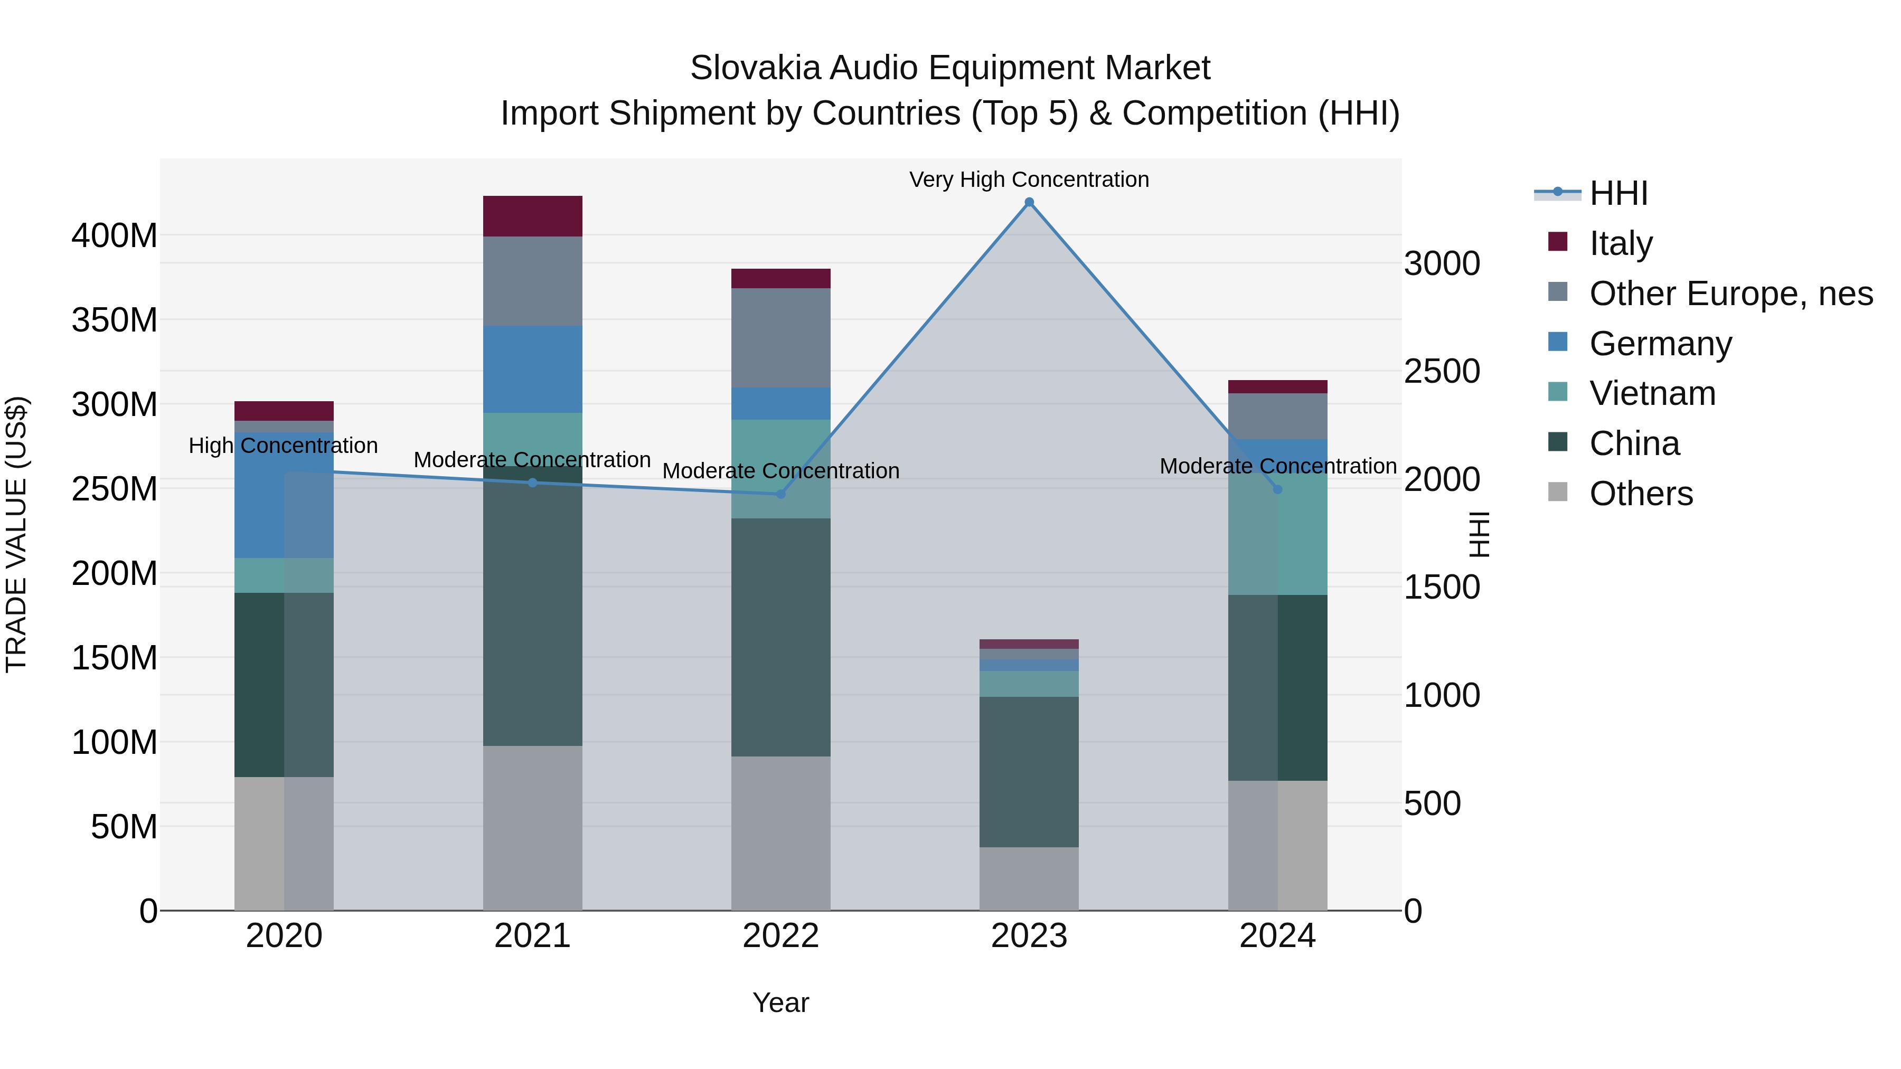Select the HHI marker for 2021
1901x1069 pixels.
click(x=532, y=483)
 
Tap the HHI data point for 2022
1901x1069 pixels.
click(x=781, y=494)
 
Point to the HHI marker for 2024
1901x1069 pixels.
click(x=1277, y=489)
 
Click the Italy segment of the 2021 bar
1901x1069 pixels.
click(x=532, y=216)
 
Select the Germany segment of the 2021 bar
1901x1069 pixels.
click(x=532, y=369)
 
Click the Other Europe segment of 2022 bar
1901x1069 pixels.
click(x=781, y=337)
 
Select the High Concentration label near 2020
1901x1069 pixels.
click(x=284, y=446)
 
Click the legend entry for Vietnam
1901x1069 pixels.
click(x=1652, y=393)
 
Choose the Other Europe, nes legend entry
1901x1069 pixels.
click(x=1730, y=294)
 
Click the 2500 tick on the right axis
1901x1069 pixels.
click(x=1441, y=371)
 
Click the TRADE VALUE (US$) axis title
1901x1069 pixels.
click(x=16, y=534)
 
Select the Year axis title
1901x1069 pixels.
click(x=781, y=1002)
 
